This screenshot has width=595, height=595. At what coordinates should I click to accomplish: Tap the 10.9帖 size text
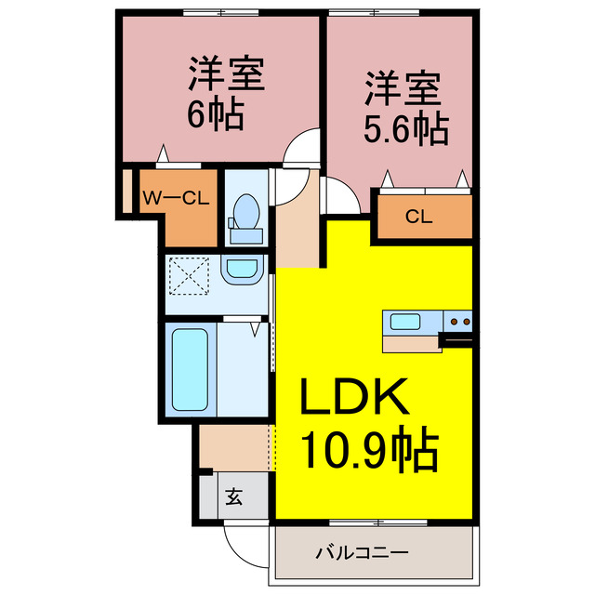pyautogui.click(x=368, y=453)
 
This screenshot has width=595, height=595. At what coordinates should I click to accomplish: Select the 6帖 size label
pyautogui.click(x=216, y=114)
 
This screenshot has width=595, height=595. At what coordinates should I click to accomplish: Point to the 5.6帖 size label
pyautogui.click(x=405, y=128)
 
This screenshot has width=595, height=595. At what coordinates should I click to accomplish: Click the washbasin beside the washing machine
pyautogui.click(x=244, y=271)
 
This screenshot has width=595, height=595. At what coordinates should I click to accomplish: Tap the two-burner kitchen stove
pyautogui.click(x=458, y=323)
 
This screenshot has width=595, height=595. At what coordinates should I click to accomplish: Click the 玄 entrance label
pyautogui.click(x=233, y=497)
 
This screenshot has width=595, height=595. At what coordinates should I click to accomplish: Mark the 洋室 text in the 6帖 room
pyautogui.click(x=227, y=73)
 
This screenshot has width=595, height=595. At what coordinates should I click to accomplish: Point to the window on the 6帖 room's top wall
pyautogui.click(x=220, y=12)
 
